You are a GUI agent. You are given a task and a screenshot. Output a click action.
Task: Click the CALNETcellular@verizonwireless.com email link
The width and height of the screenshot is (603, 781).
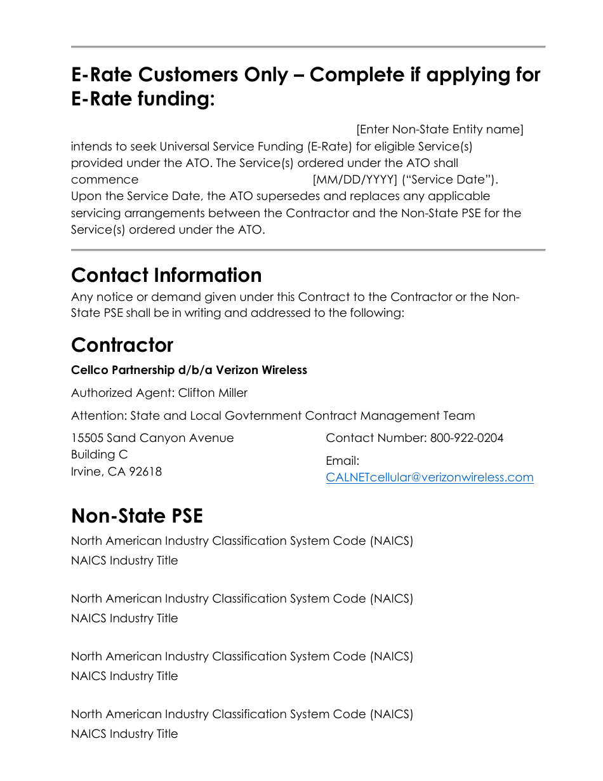[x=429, y=477]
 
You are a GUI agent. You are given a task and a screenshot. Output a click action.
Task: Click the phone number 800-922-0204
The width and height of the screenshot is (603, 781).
[x=467, y=438]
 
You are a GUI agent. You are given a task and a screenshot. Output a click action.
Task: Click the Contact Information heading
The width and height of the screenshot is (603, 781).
[x=166, y=275]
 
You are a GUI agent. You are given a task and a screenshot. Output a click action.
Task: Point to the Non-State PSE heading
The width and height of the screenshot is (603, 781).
[x=137, y=516]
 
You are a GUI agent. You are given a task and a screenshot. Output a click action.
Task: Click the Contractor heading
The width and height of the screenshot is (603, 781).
[x=122, y=345]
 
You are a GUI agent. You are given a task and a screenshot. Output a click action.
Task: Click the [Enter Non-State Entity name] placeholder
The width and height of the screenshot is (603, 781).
[x=439, y=130]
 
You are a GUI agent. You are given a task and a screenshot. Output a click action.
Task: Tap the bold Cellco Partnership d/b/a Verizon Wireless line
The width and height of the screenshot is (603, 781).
[x=189, y=370]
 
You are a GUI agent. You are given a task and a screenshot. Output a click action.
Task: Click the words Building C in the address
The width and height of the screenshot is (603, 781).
[x=99, y=455]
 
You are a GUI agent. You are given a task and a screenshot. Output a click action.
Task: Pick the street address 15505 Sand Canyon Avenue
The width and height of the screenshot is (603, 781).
[x=152, y=438]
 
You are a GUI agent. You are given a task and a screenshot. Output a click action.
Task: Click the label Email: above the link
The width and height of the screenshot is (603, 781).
[x=342, y=461]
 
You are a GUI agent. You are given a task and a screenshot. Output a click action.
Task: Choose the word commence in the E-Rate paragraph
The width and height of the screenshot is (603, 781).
[x=104, y=180]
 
